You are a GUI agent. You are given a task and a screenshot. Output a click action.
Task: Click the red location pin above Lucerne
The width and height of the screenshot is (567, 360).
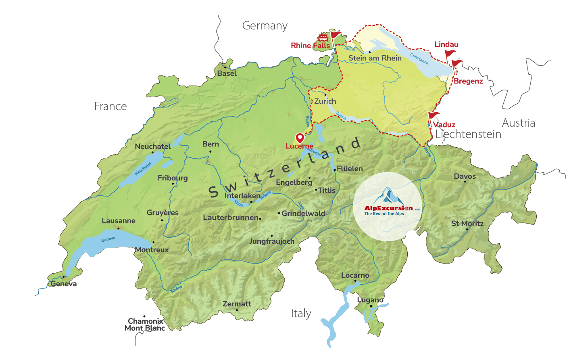coord(300,138)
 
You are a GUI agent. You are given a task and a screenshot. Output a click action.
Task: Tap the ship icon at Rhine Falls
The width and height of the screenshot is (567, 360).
coord(323,38)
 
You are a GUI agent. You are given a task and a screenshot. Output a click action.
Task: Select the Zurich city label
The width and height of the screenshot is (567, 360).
coord(325,101)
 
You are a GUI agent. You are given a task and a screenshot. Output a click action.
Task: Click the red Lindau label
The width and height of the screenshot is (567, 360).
coord(446,44)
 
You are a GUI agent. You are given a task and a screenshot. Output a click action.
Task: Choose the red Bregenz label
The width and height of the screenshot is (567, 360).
coord(468,81)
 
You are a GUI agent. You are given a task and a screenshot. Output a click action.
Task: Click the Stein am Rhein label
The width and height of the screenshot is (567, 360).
coord(375,58)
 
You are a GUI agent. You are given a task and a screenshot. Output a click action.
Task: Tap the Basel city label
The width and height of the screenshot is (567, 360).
coord(227,73)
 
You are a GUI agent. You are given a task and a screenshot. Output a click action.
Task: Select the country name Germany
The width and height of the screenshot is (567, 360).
coord(265,26)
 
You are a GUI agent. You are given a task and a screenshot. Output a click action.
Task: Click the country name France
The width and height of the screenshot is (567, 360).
coord(110,106)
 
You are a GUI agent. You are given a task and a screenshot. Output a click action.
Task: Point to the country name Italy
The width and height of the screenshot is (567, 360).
coord(301,314)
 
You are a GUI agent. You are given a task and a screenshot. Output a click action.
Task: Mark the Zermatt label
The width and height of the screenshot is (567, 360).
coord(237,304)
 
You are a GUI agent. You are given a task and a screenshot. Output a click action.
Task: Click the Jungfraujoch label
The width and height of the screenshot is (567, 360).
coord(272,241)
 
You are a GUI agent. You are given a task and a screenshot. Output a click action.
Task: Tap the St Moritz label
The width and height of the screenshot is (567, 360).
coord(467,224)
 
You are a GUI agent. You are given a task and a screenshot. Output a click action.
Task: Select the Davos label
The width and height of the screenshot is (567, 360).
coord(465,176)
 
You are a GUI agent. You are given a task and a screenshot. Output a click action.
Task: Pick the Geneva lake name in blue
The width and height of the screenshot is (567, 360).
coord(108,239)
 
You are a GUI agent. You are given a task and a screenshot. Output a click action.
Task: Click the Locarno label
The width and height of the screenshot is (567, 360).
coord(355,275)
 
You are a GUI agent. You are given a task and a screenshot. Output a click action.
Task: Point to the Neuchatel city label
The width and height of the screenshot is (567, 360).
coord(152,147)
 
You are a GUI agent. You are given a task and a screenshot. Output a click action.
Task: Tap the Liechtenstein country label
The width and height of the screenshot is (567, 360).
coord(468,134)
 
